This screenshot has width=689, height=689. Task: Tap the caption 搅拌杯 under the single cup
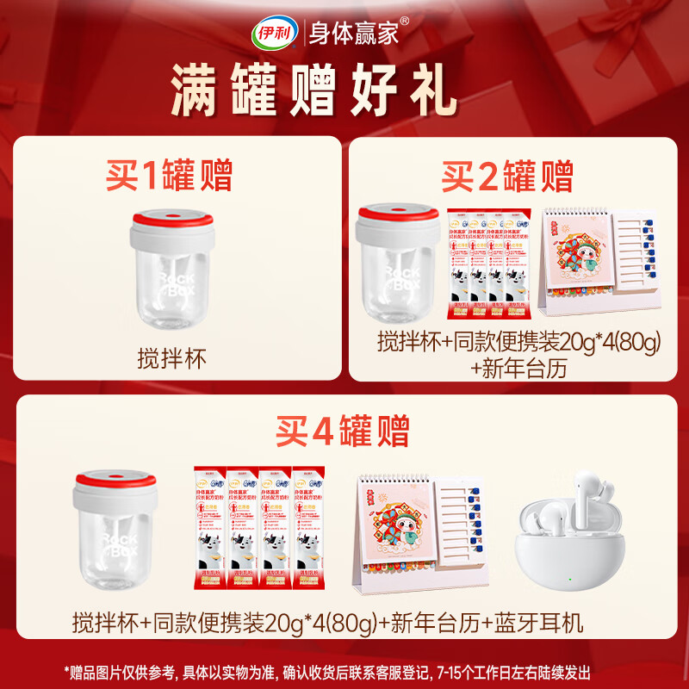point(172,357)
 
